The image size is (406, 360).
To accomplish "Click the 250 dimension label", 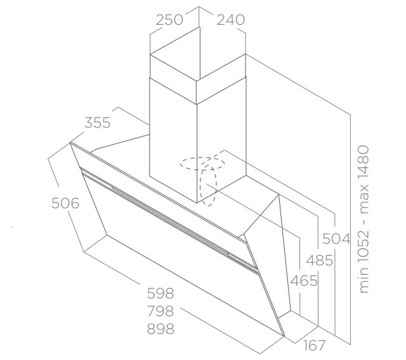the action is pos(169,20).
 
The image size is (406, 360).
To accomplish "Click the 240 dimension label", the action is pos(230,20).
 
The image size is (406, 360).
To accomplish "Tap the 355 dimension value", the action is pos(97,123).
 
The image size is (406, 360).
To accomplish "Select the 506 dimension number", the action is pos(65,203).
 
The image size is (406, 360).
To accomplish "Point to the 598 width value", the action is pos(160,293).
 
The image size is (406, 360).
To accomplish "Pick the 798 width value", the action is pos(160,311).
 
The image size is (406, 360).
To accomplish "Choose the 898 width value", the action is pos(160,329).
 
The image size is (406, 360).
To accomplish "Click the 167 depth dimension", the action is pos(313,345).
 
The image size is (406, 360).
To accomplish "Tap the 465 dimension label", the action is pos(304,281).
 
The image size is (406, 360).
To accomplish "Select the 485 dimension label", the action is pos(319,260).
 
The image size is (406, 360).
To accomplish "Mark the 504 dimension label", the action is pos(336,239).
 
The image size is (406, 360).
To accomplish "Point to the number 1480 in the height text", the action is pos(363,163).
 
